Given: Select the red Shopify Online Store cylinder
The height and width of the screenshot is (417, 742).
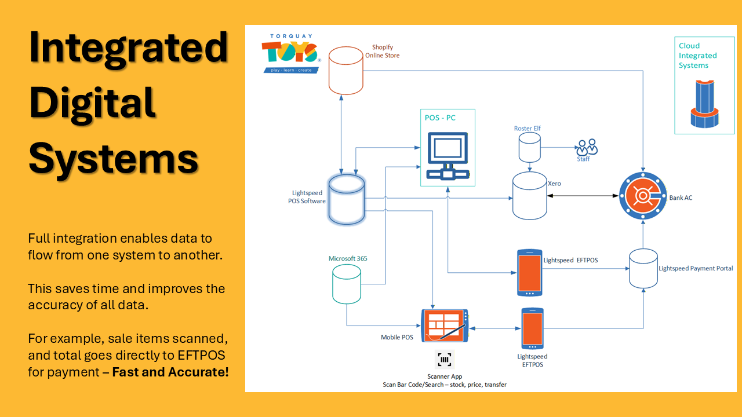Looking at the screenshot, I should [x=346, y=71].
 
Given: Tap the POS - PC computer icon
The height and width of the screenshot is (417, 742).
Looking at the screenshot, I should [x=447, y=156].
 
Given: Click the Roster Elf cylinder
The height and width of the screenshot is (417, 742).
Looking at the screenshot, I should [x=529, y=147].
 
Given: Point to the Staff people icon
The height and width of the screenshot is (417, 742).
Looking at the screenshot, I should [x=586, y=147].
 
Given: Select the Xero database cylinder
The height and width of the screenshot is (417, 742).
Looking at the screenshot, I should [x=530, y=195].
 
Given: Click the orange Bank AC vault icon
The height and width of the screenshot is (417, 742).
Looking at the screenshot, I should [x=642, y=196].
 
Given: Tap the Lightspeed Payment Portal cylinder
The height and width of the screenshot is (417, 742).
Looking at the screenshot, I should [x=643, y=268].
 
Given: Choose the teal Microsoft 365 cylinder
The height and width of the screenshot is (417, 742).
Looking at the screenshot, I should [x=347, y=284].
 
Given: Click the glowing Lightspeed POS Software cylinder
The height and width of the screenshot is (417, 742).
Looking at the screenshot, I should [x=346, y=199].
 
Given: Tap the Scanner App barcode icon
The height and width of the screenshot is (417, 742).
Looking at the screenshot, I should [x=445, y=360].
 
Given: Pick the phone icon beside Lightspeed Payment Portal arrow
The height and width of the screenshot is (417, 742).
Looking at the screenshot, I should [x=530, y=271].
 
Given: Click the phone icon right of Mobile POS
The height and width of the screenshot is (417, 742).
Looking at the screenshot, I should [x=532, y=329].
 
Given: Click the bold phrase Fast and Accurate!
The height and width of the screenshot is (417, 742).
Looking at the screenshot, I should [x=170, y=372].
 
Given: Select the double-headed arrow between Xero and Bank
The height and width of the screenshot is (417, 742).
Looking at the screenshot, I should [x=583, y=196].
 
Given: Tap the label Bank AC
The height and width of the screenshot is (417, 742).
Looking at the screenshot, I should [x=681, y=197].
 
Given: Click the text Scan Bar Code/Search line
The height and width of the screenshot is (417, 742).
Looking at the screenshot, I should [x=444, y=385].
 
